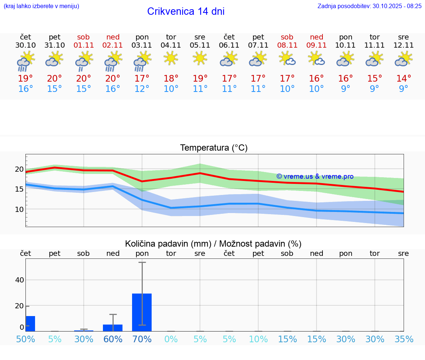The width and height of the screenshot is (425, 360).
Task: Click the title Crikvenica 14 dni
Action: pos(186,11)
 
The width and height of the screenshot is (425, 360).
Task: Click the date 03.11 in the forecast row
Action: pos(142,45)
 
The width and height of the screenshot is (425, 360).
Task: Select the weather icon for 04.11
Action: pos(171,59)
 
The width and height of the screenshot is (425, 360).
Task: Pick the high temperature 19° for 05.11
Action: pos(200,79)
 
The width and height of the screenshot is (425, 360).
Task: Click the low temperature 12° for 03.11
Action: pos(142,89)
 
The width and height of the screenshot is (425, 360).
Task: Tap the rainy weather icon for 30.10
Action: pos(25,61)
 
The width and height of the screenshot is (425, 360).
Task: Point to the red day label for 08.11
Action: pos(287,37)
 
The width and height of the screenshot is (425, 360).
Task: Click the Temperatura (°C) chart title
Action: pos(214,148)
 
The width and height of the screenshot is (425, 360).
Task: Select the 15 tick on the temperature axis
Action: pos(19,189)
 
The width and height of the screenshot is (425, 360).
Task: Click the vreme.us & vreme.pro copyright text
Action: pos(315,176)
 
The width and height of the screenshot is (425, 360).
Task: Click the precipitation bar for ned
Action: pos(113,328)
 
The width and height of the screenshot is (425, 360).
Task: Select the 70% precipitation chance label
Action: pos(142,339)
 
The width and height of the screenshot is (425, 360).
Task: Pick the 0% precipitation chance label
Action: pos(171,339)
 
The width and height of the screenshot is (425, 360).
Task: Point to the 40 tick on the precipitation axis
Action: pos(19,280)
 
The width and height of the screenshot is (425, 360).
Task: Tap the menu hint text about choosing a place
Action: pos(41,6)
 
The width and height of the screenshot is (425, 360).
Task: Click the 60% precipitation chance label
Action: pos(113,339)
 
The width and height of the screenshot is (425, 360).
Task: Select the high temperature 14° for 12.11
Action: pos(404,79)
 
